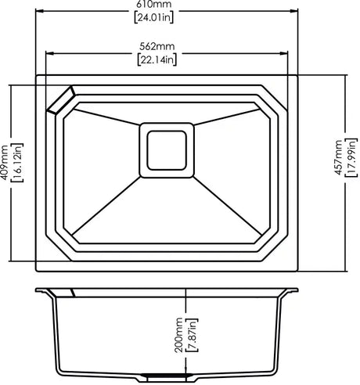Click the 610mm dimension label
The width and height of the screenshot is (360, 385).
pos(154,4)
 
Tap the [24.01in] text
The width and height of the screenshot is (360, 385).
pos(154,18)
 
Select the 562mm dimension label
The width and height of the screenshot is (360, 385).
pos(157,46)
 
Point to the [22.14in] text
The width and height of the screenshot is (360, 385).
pos(157,60)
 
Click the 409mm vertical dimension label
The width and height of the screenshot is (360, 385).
pos(5,163)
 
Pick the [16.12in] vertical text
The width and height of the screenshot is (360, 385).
pos(18,163)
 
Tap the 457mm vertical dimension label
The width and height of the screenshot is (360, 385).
pos(338,157)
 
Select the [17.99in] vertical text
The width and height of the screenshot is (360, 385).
pos(351,157)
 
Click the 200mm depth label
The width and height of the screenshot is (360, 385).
pos(178,335)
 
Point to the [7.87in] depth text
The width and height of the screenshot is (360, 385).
pos(192,335)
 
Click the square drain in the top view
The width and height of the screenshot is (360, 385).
pos(167,150)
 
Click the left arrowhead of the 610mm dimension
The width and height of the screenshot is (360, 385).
pos(39,11)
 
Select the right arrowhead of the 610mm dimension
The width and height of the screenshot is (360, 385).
pos(294,11)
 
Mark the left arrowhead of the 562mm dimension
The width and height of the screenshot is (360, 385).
pos(49,53)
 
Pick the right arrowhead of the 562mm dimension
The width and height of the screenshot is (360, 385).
pos(284,53)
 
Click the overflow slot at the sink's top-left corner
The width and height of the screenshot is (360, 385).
pos(61,100)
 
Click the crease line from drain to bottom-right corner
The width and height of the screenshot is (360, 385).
pos(227,206)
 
